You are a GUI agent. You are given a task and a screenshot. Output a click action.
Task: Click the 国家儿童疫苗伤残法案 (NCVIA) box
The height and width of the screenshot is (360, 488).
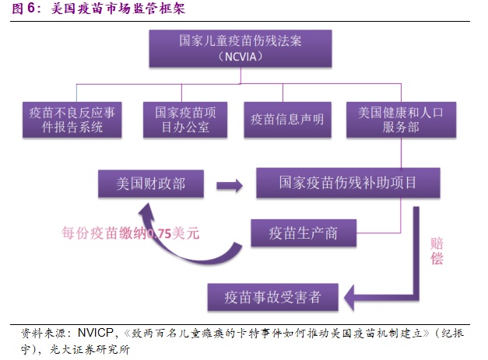[240, 48]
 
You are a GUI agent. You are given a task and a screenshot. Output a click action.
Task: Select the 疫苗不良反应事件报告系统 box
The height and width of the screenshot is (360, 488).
[72, 120]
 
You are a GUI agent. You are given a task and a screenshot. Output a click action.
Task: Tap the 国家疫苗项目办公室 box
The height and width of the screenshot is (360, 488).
[185, 120]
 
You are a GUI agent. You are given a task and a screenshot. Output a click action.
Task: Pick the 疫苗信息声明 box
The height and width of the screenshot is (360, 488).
[287, 120]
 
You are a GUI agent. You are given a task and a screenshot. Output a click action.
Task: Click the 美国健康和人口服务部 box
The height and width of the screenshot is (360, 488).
[401, 120]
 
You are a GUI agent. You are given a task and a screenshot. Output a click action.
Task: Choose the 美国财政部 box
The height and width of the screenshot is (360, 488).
[151, 183]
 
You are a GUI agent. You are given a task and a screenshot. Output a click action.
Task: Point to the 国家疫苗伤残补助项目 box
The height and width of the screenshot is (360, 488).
[348, 183]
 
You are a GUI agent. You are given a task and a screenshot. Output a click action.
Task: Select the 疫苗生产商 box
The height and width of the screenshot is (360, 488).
[304, 233]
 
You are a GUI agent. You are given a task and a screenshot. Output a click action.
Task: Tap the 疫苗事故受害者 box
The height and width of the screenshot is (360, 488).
[272, 297]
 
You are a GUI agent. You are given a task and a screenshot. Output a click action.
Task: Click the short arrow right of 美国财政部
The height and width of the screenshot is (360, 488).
[230, 186]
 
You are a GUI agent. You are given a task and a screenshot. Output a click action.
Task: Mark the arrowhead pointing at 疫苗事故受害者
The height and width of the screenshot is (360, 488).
[349, 298]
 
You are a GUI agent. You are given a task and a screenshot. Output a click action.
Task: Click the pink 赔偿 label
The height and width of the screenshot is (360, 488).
[437, 251]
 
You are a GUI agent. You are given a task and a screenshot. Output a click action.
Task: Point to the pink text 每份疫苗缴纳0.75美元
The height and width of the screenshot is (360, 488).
[130, 232]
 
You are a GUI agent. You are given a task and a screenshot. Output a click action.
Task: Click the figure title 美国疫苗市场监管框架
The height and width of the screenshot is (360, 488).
[118, 8]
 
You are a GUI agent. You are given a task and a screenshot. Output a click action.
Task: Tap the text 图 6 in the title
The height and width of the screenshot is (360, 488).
[24, 8]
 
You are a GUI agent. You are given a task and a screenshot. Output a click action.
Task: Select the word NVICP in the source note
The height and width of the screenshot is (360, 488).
[96, 333]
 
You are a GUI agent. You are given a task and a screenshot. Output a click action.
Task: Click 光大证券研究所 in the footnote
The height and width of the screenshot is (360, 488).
[90, 350]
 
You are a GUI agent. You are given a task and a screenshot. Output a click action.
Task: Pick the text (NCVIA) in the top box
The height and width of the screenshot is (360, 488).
[240, 57]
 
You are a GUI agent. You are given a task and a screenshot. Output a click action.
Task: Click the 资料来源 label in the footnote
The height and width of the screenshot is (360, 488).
[44, 334]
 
